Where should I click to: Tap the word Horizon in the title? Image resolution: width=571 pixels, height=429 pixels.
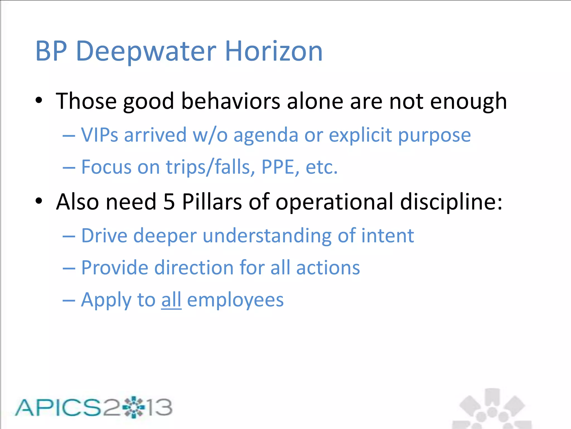click(274, 51)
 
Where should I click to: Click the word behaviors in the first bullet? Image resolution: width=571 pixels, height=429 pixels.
click(231, 101)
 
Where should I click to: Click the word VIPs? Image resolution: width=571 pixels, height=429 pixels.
click(100, 135)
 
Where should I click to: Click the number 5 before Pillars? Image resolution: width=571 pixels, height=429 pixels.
click(169, 202)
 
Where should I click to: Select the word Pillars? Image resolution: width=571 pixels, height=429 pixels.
click(212, 202)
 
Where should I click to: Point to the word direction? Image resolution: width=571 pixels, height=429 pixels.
click(194, 268)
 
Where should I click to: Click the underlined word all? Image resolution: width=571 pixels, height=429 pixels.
click(171, 300)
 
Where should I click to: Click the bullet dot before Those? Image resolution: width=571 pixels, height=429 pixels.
click(39, 101)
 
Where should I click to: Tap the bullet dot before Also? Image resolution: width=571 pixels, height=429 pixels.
click(39, 201)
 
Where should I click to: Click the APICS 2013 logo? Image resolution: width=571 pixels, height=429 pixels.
click(93, 407)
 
